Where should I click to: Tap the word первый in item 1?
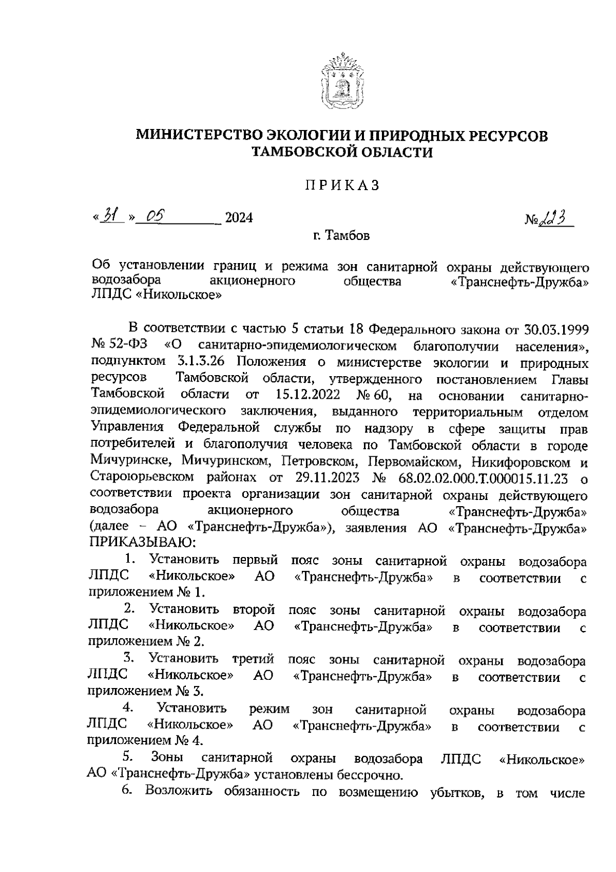(x=256, y=560)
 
